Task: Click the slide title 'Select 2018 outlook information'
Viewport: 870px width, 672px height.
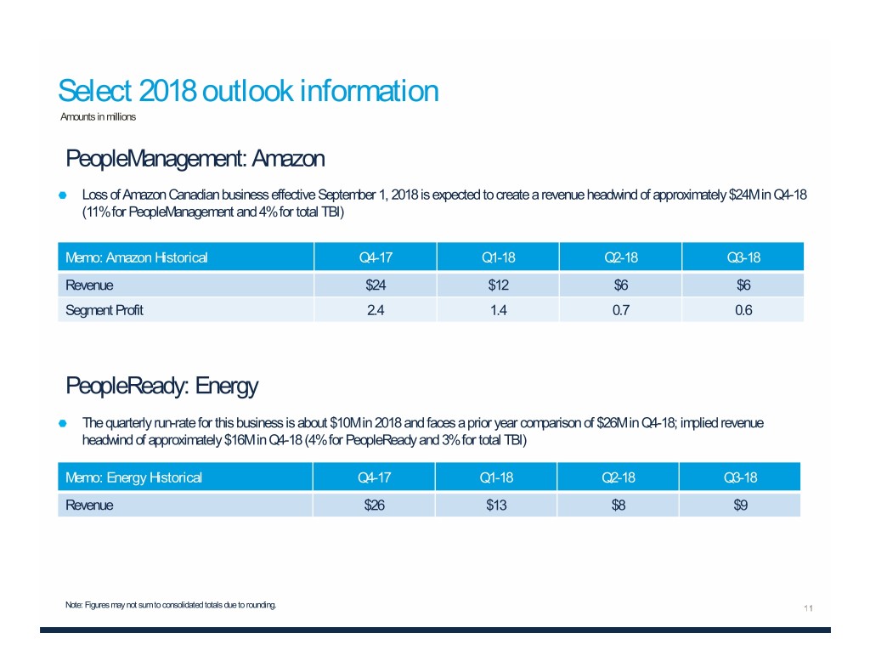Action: click(247, 90)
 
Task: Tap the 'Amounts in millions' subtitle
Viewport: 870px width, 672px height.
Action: click(98, 116)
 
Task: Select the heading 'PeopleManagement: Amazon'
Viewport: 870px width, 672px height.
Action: click(195, 158)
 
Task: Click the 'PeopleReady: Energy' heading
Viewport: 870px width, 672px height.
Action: click(161, 387)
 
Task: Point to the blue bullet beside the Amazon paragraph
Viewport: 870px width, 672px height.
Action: click(64, 195)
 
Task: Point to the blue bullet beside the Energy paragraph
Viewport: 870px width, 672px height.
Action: click(64, 422)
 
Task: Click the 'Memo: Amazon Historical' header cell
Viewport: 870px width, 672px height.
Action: click(137, 257)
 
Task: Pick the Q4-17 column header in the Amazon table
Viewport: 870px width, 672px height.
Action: click(375, 257)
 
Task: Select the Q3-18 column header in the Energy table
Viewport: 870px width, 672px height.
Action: click(739, 477)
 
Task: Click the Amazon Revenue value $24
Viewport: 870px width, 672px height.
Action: click(375, 285)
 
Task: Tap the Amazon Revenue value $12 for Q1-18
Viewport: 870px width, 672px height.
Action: click(496, 285)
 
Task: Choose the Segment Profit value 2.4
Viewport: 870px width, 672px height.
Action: click(375, 310)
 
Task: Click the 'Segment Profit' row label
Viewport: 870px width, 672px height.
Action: click(105, 310)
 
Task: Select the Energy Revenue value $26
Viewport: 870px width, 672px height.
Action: click(375, 505)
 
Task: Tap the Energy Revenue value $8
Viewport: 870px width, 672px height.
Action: click(618, 505)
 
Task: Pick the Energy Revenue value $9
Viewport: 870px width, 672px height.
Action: click(739, 505)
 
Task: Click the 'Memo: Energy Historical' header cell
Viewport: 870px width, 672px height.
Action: click(134, 477)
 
